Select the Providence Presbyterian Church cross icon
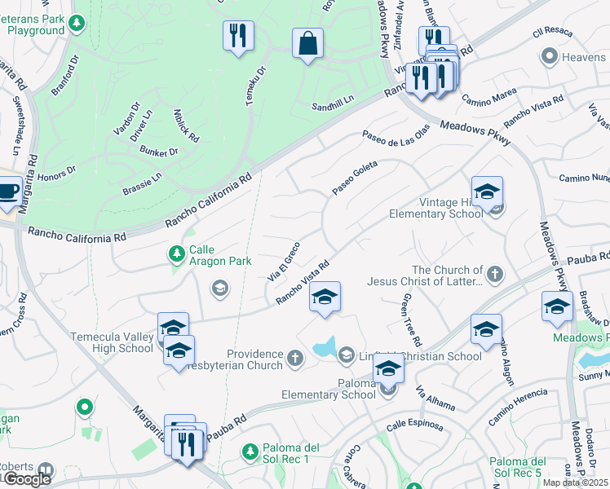point(295,358)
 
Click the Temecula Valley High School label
point(101,341)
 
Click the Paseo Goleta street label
point(355,178)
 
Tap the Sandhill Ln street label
point(334,107)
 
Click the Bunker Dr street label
point(158,152)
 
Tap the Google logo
point(26,479)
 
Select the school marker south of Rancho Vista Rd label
point(324,296)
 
